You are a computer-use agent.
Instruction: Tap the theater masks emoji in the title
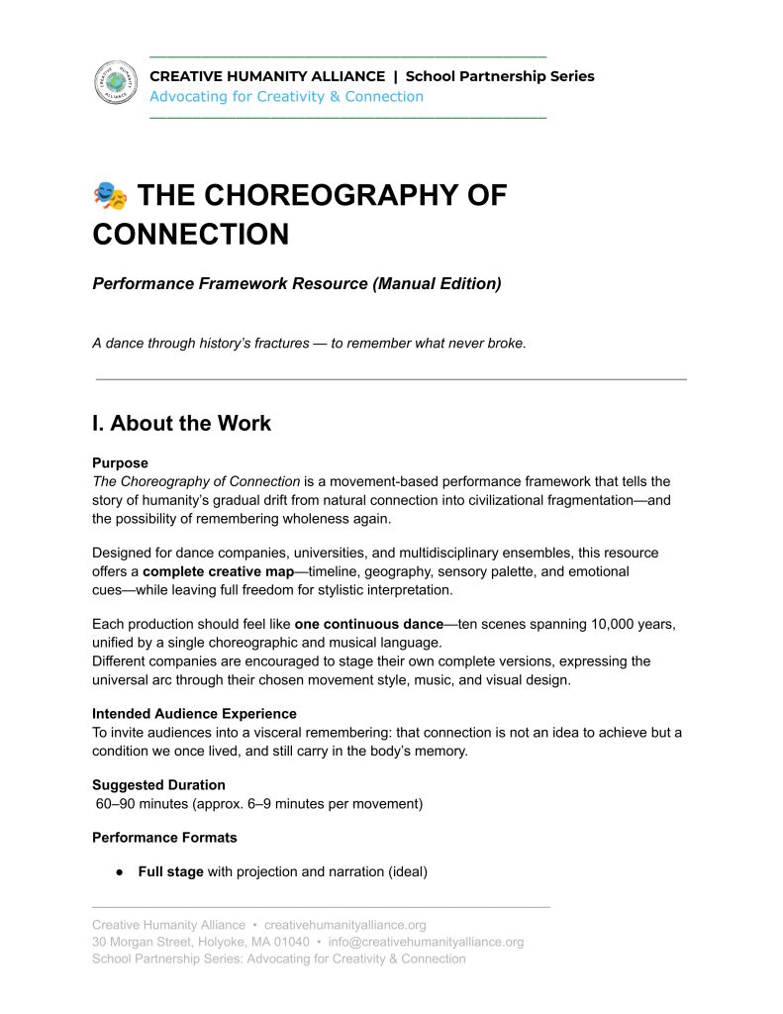(110, 196)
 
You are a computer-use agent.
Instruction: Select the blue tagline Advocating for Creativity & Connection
(286, 97)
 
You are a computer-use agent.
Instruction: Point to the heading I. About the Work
(181, 423)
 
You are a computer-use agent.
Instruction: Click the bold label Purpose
(120, 462)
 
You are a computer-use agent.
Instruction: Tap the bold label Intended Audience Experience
(194, 713)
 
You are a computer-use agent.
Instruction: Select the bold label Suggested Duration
(158, 784)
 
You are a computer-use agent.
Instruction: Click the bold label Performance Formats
(164, 837)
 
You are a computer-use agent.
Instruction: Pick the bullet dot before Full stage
(118, 872)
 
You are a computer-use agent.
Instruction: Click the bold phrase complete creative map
(218, 571)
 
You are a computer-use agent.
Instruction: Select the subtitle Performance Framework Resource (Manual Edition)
(296, 283)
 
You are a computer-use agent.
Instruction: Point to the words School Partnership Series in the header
(500, 76)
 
